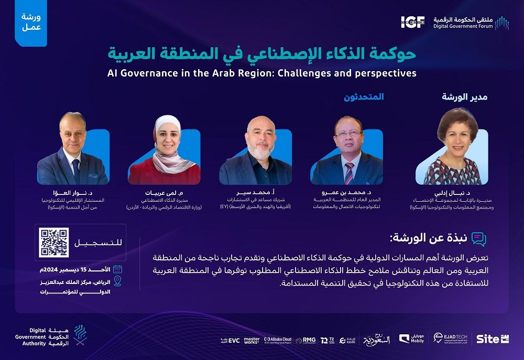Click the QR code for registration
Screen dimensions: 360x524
click(55, 243)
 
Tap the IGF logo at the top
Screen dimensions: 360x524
click(414, 21)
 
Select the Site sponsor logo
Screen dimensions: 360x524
click(492, 339)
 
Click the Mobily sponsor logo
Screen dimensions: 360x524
click(412, 339)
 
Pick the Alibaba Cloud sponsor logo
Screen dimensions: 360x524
click(278, 340)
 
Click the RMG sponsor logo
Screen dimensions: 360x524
click(306, 340)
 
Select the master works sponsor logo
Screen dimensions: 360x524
click(252, 340)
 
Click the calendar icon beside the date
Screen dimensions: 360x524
click(117, 269)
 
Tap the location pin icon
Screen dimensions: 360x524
click(117, 281)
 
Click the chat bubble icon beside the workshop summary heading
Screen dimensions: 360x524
click(478, 239)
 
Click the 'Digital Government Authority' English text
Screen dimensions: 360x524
click(30, 337)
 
